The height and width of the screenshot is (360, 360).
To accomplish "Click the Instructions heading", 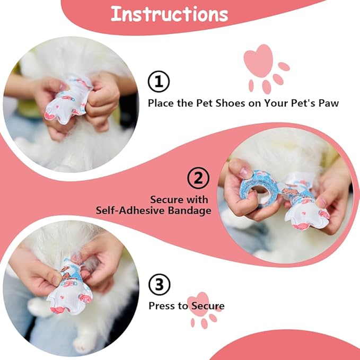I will click(x=169, y=14).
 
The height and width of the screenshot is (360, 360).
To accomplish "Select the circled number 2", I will click(x=198, y=179).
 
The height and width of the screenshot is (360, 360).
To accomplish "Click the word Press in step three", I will click(x=161, y=306).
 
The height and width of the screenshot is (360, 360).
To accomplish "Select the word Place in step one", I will click(x=161, y=103).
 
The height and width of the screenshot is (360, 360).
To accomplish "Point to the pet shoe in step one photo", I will click(x=67, y=101).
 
